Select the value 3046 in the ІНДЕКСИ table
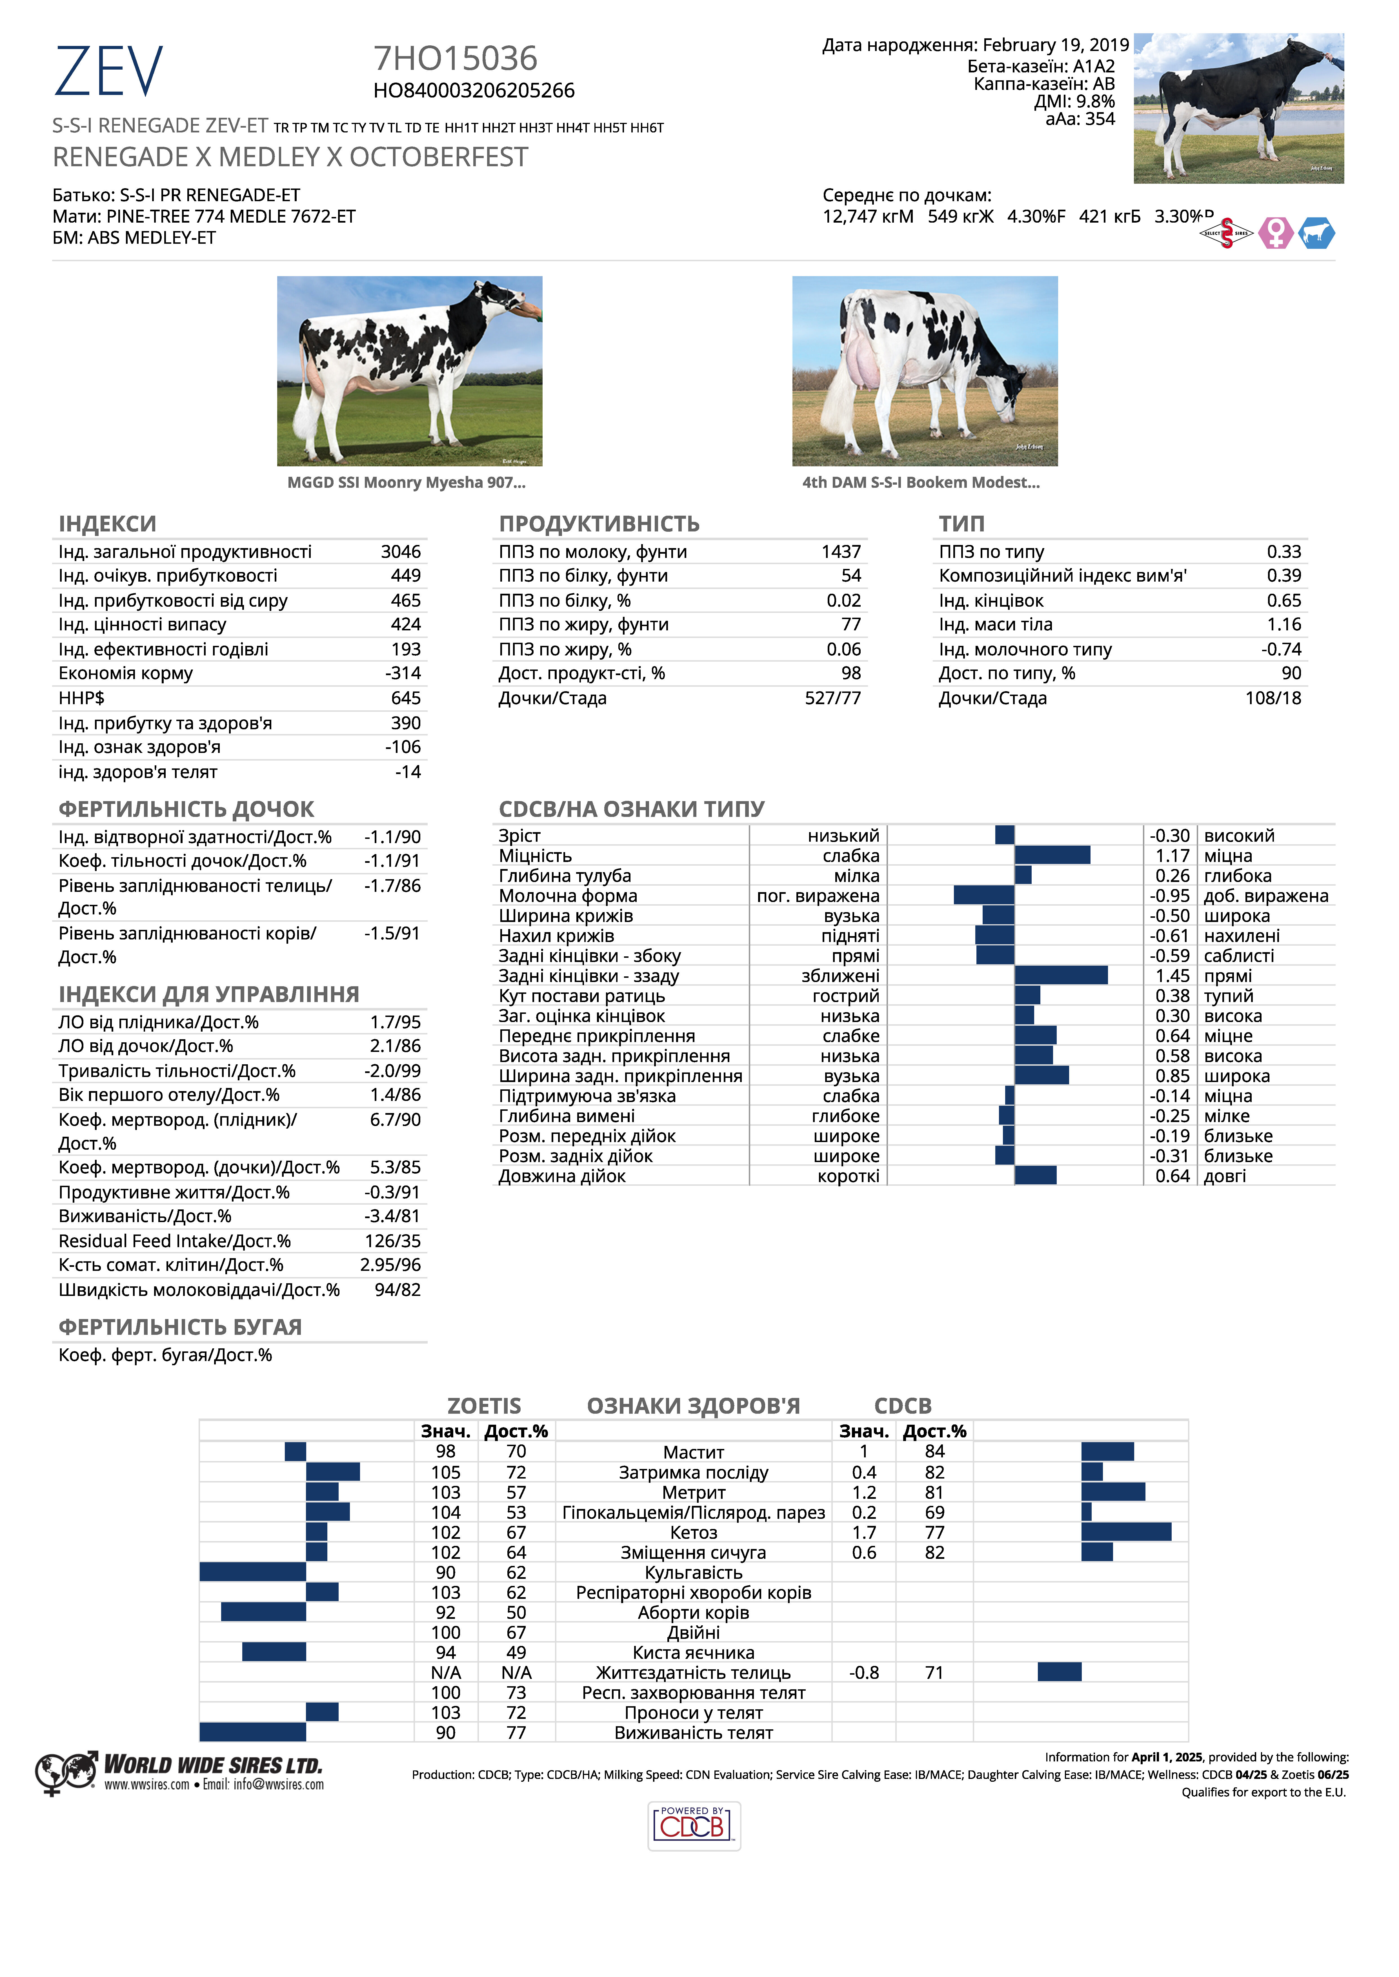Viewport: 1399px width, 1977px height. pyautogui.click(x=401, y=551)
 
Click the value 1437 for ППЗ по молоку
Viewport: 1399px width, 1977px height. pyautogui.click(x=841, y=551)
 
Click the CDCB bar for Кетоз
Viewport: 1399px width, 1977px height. pyautogui.click(x=1126, y=1531)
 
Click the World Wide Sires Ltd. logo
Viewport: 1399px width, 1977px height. pyautogui.click(x=179, y=1773)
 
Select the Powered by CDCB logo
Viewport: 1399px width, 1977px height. pyautogui.click(x=694, y=1825)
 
